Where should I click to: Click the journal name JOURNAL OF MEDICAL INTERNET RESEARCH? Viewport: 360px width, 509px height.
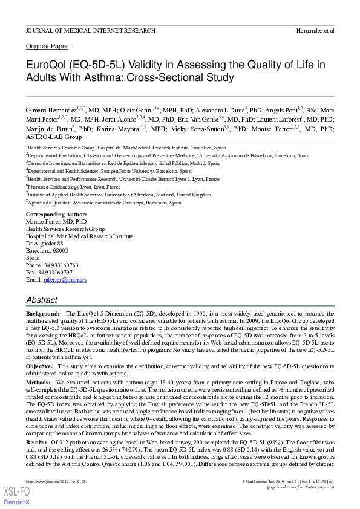(91, 30)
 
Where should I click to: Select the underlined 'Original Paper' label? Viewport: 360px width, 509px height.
(47, 47)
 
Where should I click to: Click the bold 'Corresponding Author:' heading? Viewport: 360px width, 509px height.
(56, 215)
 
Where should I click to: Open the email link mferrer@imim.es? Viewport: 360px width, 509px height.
(65, 280)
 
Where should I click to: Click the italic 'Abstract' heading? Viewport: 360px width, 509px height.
(42, 300)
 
